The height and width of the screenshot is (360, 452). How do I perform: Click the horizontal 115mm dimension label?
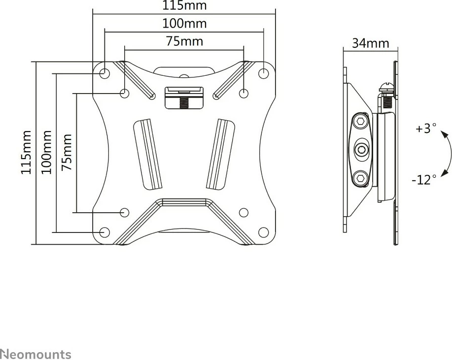pos(184,6)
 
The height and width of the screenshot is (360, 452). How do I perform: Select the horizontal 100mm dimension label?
pos(184,24)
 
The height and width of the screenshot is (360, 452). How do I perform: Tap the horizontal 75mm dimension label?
pos(184,41)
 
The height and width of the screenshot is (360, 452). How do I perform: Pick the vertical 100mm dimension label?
pos(46,152)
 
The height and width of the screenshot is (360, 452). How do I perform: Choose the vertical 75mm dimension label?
pos(67,152)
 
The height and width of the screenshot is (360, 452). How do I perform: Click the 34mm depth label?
pos(370,43)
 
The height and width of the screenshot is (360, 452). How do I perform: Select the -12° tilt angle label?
pos(424,179)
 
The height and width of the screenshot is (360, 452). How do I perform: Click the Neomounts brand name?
pos(35,354)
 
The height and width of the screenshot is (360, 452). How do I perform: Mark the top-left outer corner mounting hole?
pos(105,73)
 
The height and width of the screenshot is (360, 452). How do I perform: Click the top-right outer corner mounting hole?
pos(264,73)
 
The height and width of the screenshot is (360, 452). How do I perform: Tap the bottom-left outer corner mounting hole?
pos(105,231)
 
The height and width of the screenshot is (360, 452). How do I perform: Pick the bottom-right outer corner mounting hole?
pos(264,231)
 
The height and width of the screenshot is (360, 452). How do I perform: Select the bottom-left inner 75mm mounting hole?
pos(125,212)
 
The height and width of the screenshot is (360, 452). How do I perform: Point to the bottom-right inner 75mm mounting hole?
pos(243,212)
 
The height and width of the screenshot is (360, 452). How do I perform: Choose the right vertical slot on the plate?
pos(220,153)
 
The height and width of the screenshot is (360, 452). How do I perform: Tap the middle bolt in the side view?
pos(361,149)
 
